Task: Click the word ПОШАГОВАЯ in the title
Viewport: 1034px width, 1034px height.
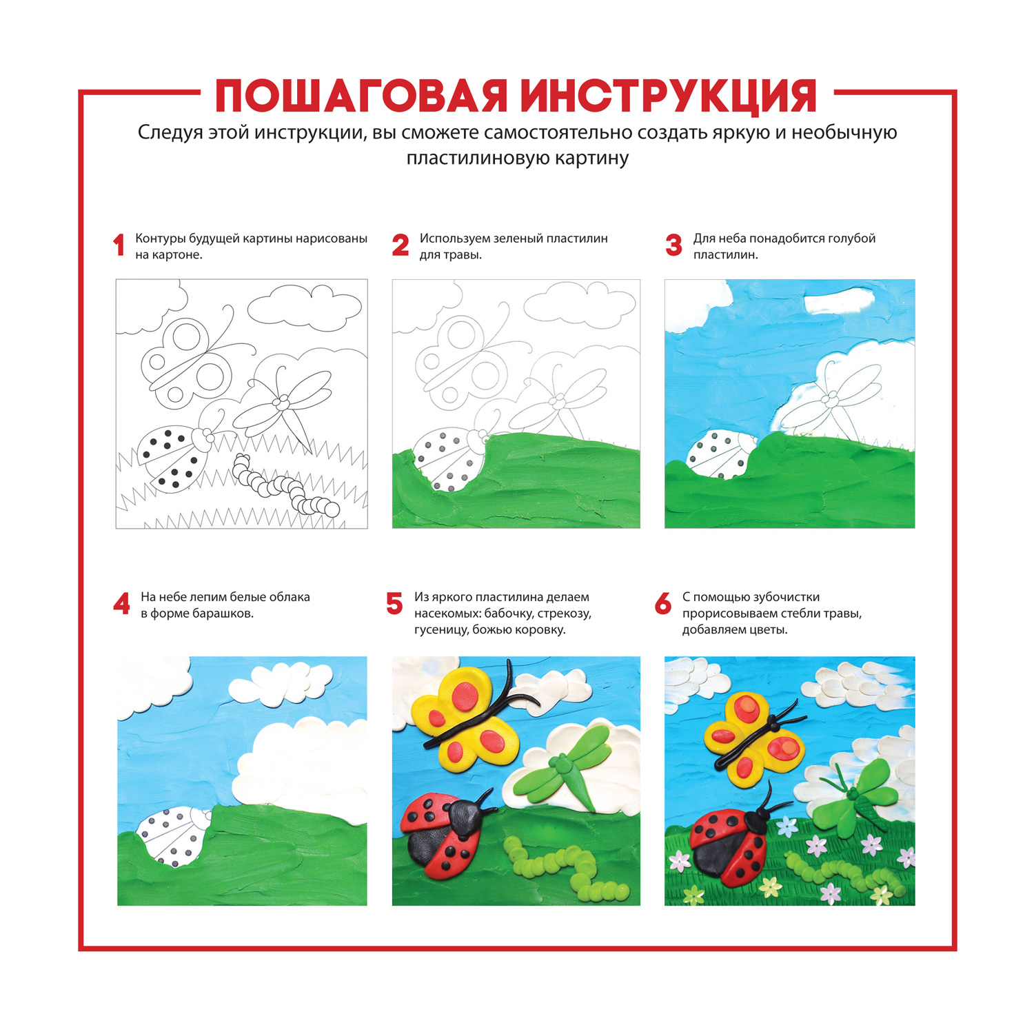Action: pyautogui.click(x=361, y=96)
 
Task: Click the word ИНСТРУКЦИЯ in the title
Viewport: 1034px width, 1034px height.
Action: pyautogui.click(x=668, y=97)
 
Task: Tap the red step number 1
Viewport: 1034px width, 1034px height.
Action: pyautogui.click(x=119, y=245)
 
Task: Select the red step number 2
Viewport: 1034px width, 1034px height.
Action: pyautogui.click(x=401, y=245)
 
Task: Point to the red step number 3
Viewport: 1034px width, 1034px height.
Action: pyautogui.click(x=673, y=245)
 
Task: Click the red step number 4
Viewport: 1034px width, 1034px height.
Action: pyautogui.click(x=121, y=604)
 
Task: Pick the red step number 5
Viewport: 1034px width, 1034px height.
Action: pyautogui.click(x=394, y=604)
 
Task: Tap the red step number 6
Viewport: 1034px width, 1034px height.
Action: pyautogui.click(x=663, y=604)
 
